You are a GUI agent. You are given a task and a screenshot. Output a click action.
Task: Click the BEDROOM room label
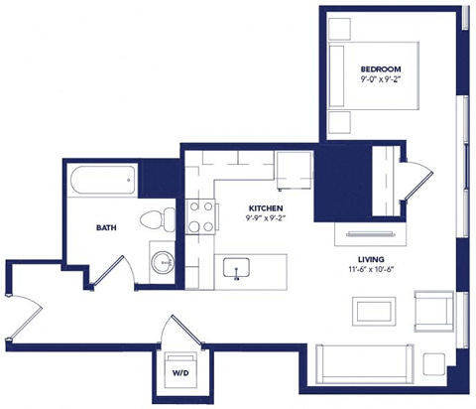tap(381, 68)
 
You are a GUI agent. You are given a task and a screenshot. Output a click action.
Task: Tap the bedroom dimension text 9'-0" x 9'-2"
tap(381, 79)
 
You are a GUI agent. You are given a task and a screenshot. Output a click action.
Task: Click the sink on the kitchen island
tap(236, 267)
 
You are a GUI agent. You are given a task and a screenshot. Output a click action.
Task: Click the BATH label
tap(106, 227)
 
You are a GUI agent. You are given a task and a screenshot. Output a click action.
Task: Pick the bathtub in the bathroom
tap(102, 182)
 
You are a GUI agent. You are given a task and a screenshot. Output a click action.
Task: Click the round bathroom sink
tap(162, 263)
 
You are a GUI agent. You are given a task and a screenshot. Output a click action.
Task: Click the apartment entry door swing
tap(22, 316)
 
